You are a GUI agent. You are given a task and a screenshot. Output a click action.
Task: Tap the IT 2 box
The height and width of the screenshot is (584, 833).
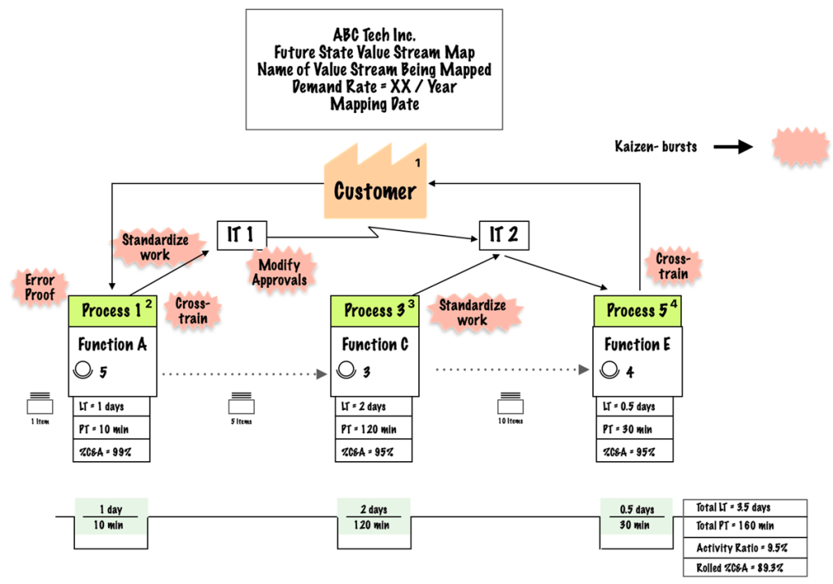point(504,235)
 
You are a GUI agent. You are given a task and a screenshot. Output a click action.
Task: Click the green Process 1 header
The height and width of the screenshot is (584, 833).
point(113,310)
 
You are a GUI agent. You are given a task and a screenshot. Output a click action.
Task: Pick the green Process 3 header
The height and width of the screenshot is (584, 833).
point(375,310)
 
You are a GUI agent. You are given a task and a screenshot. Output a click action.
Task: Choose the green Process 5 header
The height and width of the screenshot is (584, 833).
point(638,310)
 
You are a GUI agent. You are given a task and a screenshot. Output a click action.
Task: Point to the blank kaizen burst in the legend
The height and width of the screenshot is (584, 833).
point(788,147)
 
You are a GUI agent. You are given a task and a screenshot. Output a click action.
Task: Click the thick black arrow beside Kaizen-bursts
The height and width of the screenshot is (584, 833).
point(733,147)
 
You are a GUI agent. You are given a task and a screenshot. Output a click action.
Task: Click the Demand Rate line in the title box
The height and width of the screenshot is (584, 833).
point(373,87)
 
